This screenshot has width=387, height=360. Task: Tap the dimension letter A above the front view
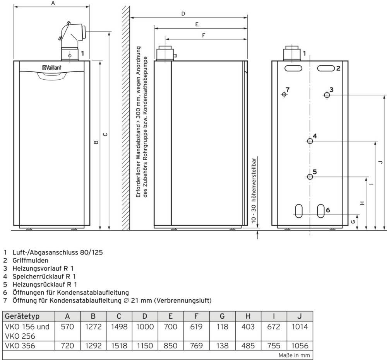coord(53,3)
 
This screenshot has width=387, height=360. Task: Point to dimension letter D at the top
coord(183,14)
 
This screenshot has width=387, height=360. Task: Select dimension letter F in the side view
coord(204,35)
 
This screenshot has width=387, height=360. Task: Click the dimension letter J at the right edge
coord(381,162)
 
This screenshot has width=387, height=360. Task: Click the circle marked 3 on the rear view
coord(327,95)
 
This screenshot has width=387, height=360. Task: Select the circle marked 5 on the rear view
coord(310,177)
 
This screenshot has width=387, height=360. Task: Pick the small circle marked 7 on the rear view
coord(284,94)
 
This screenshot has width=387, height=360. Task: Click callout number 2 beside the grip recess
coord(338,68)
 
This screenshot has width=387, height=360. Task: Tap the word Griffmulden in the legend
coord(30,260)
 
